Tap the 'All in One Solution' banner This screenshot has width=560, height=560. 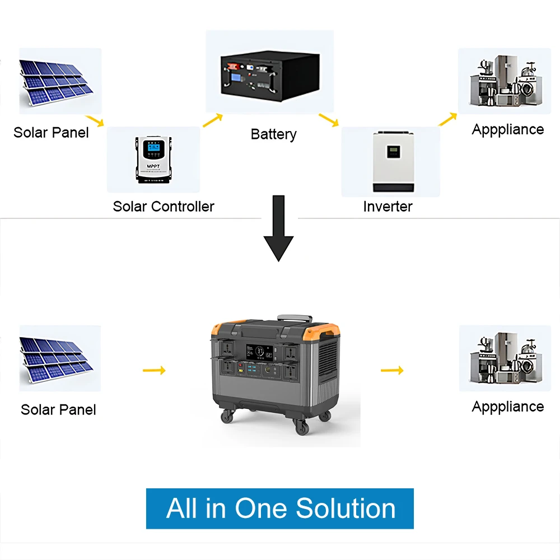coord(280,508)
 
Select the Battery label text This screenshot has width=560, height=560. coord(273,134)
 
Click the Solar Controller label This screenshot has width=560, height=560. coord(164,206)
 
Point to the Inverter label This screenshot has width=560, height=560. coord(388,206)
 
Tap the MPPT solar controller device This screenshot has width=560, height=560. coord(153,159)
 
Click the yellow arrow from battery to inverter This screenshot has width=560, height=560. coord(329,120)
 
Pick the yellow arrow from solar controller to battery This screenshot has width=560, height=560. coord(212,120)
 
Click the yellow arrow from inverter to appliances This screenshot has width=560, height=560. coord(447,119)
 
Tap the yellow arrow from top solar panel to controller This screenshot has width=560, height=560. coord(96,120)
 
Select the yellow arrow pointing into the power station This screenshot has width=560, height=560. coord(155,370)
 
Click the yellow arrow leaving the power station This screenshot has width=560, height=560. coord(392,370)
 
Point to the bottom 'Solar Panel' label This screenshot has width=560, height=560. coord(58,409)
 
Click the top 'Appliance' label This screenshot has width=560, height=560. coord(508,129)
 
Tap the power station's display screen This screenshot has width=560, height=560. coord(259,354)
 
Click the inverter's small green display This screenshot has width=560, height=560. coord(394,151)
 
